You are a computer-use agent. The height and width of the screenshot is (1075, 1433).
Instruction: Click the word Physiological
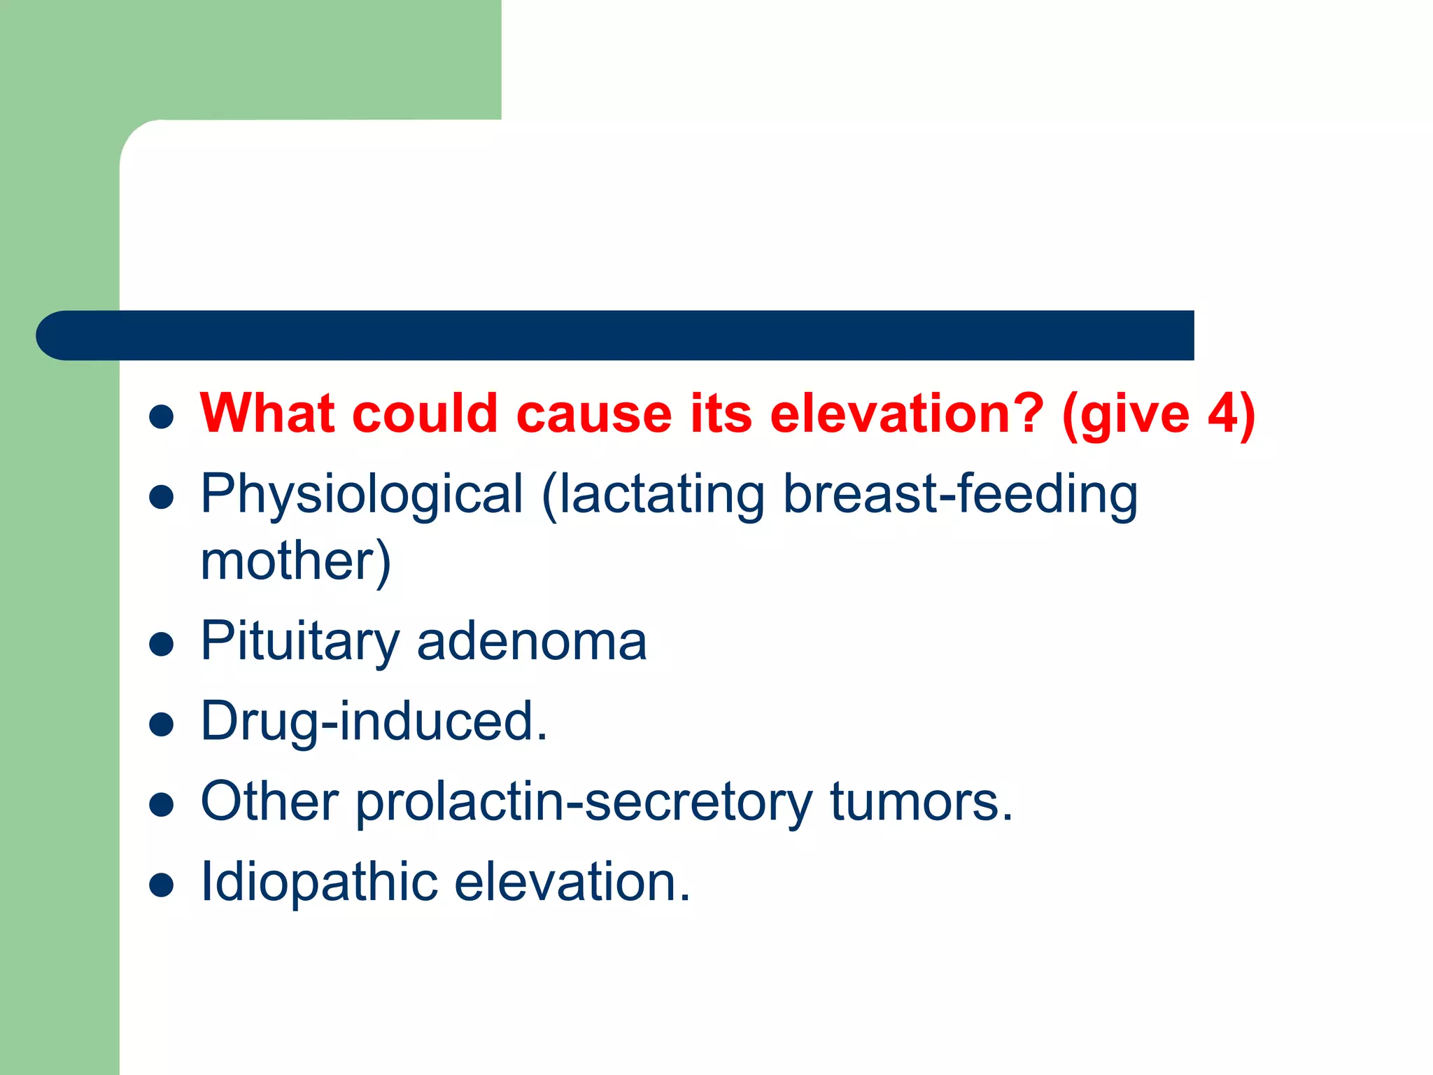[x=361, y=495]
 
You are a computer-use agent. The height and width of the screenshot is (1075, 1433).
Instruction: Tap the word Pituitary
[x=299, y=641]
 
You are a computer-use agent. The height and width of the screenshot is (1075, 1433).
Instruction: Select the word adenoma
[x=532, y=641]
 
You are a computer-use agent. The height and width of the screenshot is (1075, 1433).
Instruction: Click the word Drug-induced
[x=374, y=722]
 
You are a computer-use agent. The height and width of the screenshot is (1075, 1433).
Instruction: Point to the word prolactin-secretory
[x=584, y=802]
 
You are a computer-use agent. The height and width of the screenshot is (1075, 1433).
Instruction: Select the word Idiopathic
[x=318, y=882]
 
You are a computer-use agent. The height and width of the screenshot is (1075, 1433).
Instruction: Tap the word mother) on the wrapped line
[x=295, y=561]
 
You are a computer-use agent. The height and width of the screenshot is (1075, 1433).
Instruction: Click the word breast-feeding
[x=960, y=495]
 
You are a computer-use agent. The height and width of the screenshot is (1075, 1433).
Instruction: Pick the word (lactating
[x=653, y=495]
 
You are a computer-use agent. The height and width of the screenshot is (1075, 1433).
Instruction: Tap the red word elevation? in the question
[x=907, y=414]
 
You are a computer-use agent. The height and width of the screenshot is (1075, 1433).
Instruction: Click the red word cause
[x=594, y=414]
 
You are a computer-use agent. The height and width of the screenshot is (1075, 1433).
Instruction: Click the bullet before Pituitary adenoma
[x=162, y=644]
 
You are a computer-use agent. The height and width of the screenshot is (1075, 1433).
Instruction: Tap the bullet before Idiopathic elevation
[x=162, y=885]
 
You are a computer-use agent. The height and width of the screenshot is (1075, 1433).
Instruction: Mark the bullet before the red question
[x=162, y=417]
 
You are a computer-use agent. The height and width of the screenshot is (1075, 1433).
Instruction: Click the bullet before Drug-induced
[x=162, y=724]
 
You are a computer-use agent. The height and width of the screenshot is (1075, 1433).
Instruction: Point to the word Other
[x=269, y=802]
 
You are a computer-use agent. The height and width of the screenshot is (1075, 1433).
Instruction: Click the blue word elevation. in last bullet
[x=572, y=882]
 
